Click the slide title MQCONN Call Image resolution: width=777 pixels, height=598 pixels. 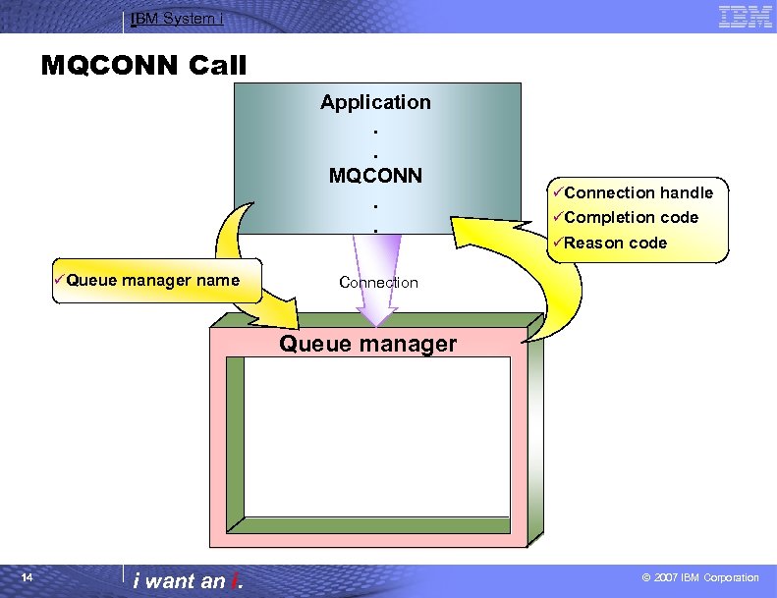point(144,66)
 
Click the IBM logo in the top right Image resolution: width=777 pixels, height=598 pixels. point(745,16)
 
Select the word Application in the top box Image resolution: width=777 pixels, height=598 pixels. point(375,102)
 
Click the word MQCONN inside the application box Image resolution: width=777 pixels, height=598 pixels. point(375,176)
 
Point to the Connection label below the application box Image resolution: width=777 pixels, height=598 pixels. point(378,283)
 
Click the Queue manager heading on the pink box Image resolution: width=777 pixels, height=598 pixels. point(367,344)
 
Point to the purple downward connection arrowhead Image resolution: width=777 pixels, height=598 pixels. point(376,313)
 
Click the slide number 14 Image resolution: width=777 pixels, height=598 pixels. point(28,577)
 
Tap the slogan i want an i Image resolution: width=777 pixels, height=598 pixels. point(188,580)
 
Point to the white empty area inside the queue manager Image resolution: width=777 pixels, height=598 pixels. point(377,436)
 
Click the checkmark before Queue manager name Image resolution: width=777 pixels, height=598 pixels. point(59,280)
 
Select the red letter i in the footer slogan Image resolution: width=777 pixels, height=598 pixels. point(235,580)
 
